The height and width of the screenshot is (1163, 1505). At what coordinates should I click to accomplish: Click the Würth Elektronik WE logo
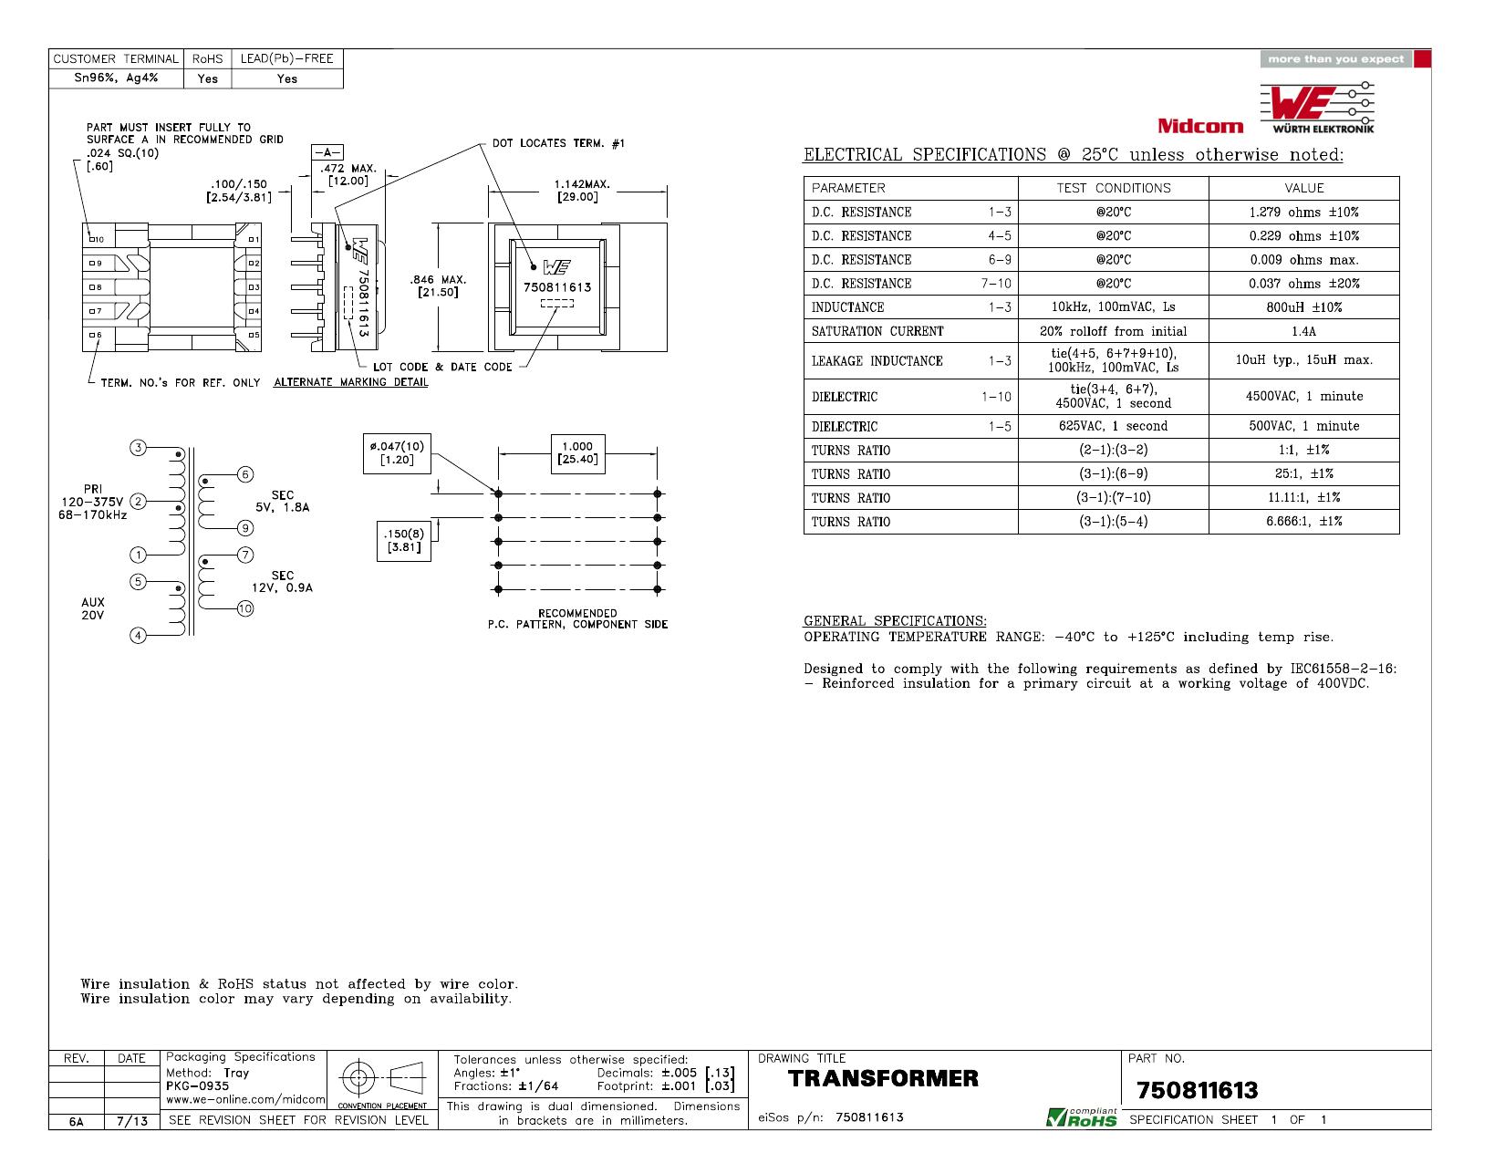pos(1316,108)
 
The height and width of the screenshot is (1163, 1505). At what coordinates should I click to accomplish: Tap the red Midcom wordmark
pos(1200,126)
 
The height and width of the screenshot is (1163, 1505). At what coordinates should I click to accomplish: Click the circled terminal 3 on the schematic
pos(139,448)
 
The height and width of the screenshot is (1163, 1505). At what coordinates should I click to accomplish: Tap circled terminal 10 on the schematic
pos(245,608)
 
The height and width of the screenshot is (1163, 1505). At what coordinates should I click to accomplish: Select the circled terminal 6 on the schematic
pos(245,474)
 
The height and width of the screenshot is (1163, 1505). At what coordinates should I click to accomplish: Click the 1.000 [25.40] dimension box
pos(577,453)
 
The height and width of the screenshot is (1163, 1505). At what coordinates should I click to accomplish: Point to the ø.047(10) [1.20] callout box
pos(397,453)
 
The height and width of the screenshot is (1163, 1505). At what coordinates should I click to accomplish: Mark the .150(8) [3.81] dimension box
pos(404,541)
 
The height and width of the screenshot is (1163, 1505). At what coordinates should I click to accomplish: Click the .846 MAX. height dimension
pos(438,286)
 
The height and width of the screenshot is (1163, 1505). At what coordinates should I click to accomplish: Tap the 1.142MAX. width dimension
pos(581,191)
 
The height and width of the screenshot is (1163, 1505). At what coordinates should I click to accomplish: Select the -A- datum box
pos(327,152)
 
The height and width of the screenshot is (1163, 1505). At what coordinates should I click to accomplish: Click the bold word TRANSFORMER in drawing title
pos(883,1078)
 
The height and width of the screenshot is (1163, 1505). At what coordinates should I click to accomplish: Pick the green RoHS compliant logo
pos(1081,1116)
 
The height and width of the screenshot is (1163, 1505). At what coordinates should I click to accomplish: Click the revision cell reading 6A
pos(77,1121)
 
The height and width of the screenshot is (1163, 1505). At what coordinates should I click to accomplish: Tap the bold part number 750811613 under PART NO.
pos(1197,1090)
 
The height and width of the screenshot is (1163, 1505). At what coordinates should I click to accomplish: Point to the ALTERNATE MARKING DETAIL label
pos(350,382)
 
